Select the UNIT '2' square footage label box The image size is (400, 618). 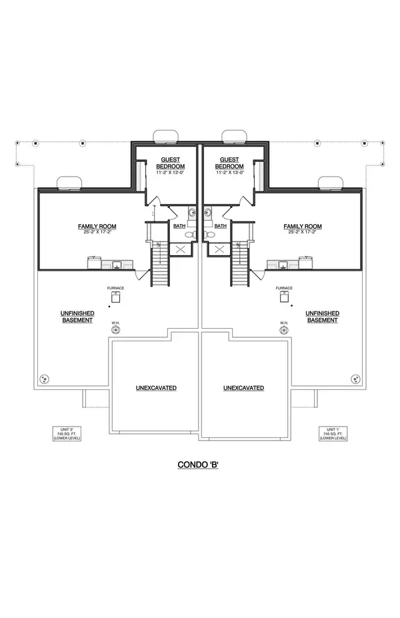click(67, 434)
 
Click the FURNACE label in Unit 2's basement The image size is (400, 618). click(116, 288)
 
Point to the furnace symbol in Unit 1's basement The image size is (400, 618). click(283, 297)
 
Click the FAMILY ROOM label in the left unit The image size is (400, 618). click(97, 227)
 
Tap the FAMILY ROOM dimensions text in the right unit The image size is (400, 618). click(302, 233)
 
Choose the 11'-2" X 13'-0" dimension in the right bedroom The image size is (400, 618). click(229, 173)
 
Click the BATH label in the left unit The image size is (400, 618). click(179, 227)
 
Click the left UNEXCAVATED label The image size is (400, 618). click(157, 388)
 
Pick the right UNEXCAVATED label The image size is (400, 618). click(243, 388)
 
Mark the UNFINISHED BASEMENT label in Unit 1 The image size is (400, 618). click(323, 317)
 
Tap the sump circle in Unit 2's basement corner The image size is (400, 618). click(45, 379)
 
